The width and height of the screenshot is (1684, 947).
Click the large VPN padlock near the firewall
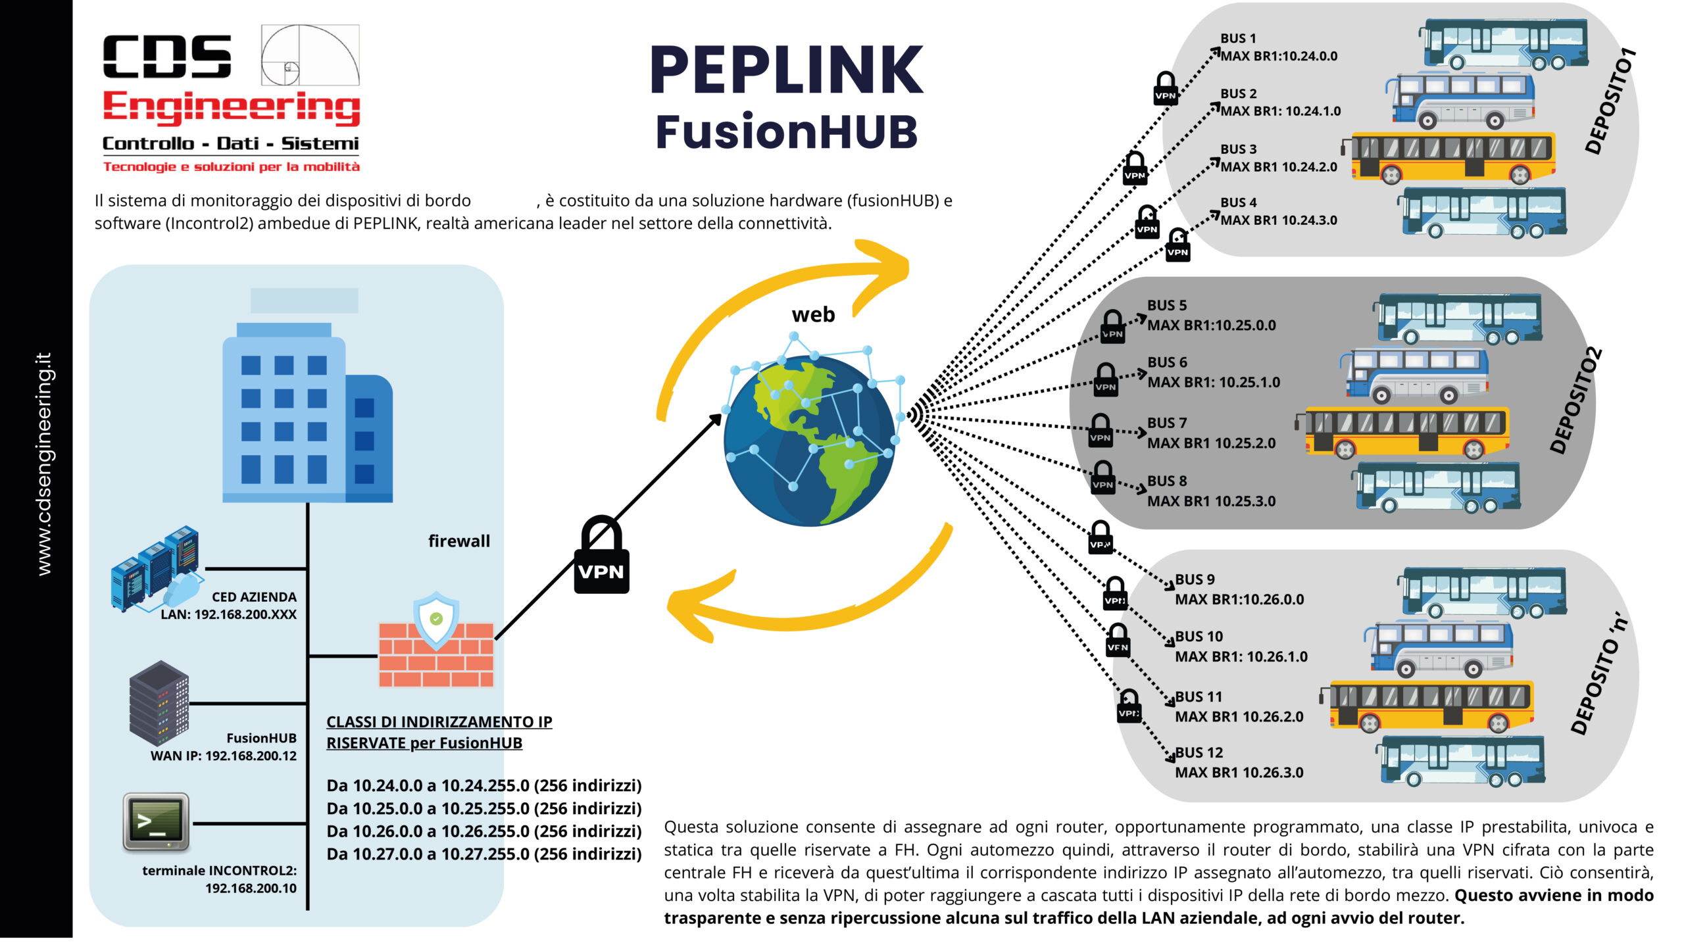click(x=601, y=556)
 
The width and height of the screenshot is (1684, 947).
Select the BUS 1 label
click(x=1238, y=39)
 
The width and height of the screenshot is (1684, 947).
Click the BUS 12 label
click(x=1199, y=752)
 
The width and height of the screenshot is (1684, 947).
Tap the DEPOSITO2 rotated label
click(x=1575, y=401)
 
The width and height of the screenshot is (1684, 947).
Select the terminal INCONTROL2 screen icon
click(x=156, y=822)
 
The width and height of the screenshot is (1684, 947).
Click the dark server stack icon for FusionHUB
click(x=159, y=703)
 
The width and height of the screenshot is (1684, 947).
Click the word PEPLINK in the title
click(x=787, y=70)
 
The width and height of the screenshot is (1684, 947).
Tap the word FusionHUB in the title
click(x=787, y=132)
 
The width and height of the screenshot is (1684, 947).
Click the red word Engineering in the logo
click(x=232, y=107)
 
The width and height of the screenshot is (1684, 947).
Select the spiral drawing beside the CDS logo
click(x=310, y=55)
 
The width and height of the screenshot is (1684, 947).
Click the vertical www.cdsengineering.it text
click(x=43, y=464)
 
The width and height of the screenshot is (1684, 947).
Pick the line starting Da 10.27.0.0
click(x=483, y=854)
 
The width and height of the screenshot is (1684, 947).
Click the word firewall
click(x=459, y=541)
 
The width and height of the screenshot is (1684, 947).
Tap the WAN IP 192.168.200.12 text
click(x=224, y=756)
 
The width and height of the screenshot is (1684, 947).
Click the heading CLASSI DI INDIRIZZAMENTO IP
click(x=439, y=721)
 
